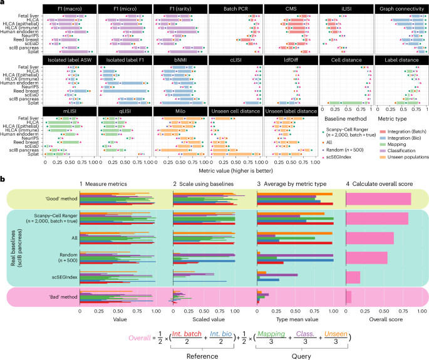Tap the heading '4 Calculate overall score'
coord(380,183)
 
